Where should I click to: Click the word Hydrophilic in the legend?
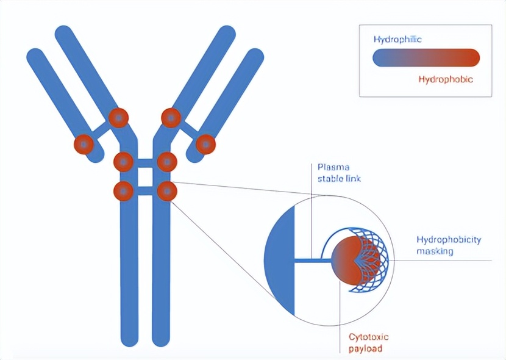pos(397,40)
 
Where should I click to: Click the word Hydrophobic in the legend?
pos(446,79)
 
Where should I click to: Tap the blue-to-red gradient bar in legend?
pos(426,58)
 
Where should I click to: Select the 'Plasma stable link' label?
pos(339,173)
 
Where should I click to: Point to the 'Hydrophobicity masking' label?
pos(449,245)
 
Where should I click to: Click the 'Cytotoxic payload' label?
pos(369,342)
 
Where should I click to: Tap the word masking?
pos(435,251)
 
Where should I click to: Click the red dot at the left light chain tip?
pos(84,144)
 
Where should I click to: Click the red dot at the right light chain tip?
pos(205,144)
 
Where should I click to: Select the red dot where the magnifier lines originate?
pos(167,191)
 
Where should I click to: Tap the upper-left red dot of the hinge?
pos(123,162)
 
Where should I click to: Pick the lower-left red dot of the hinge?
pos(123,191)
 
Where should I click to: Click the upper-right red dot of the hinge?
pos(167,162)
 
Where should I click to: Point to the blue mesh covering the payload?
pos(371,260)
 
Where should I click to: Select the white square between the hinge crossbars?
pos(145,177)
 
